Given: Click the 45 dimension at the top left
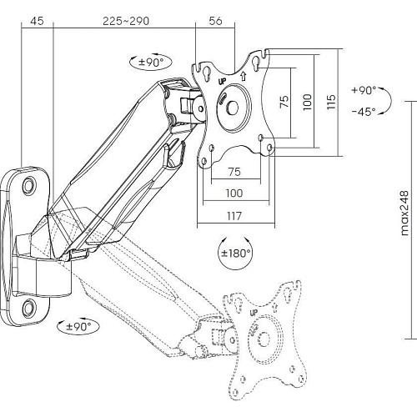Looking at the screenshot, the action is [x=37, y=21].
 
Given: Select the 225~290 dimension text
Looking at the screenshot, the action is [x=126, y=21].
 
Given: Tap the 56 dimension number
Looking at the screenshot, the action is [x=215, y=21].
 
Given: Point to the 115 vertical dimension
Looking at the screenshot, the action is [x=331, y=102].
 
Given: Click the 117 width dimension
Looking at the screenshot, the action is [x=234, y=216].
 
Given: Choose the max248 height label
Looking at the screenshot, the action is [x=404, y=214].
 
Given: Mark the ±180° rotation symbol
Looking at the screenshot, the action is [x=235, y=253].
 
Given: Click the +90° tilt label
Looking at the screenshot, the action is [x=364, y=90].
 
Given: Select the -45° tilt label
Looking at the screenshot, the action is [x=364, y=112].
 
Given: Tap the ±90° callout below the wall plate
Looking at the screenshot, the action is [x=78, y=326].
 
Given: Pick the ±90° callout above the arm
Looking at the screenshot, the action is [x=151, y=63].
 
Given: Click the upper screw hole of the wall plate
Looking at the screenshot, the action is [x=29, y=185].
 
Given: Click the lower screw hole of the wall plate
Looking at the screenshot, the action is [x=29, y=308].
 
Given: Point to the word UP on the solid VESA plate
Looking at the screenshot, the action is [x=222, y=82].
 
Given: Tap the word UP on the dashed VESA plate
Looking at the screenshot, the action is [x=254, y=313].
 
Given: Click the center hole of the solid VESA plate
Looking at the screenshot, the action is [x=233, y=108].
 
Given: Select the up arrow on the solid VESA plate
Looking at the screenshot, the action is [x=244, y=76].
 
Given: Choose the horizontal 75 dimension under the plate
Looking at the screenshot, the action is [x=234, y=172].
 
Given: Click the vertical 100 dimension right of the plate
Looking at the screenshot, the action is [x=308, y=102].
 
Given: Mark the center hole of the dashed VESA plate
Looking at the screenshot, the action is [x=264, y=339].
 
